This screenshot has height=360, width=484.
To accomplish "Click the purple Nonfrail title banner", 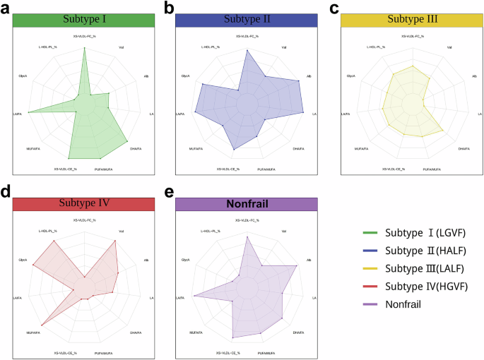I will click(x=247, y=204).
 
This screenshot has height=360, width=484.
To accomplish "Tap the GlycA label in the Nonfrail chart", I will click(x=186, y=260).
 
